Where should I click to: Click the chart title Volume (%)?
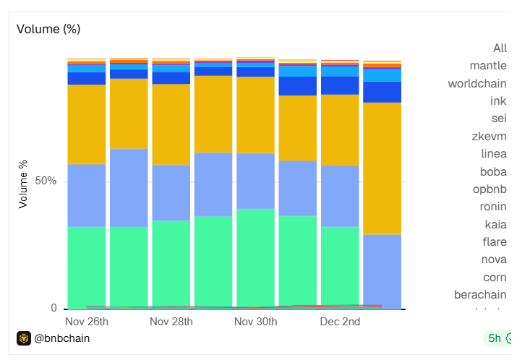pyautogui.click(x=48, y=29)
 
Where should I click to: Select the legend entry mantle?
pyautogui.click(x=488, y=66)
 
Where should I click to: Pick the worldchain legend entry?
pyautogui.click(x=477, y=83)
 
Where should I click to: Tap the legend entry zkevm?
pyautogui.click(x=492, y=136)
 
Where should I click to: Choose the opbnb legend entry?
pyautogui.click(x=490, y=189)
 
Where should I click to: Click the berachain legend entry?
pyautogui.click(x=480, y=294)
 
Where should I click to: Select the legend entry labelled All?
pyautogui.click(x=500, y=48)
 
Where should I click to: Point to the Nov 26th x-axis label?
pyautogui.click(x=87, y=321)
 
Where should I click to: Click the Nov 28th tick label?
pyautogui.click(x=171, y=321)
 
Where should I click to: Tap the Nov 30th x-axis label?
pyautogui.click(x=256, y=321)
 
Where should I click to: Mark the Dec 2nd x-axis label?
pyautogui.click(x=340, y=321)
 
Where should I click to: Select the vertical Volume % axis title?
pyautogui.click(x=23, y=184)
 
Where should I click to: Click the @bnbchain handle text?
pyautogui.click(x=62, y=338)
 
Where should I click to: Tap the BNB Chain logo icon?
pyautogui.click(x=24, y=338)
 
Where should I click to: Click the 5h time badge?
pyautogui.click(x=495, y=338)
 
